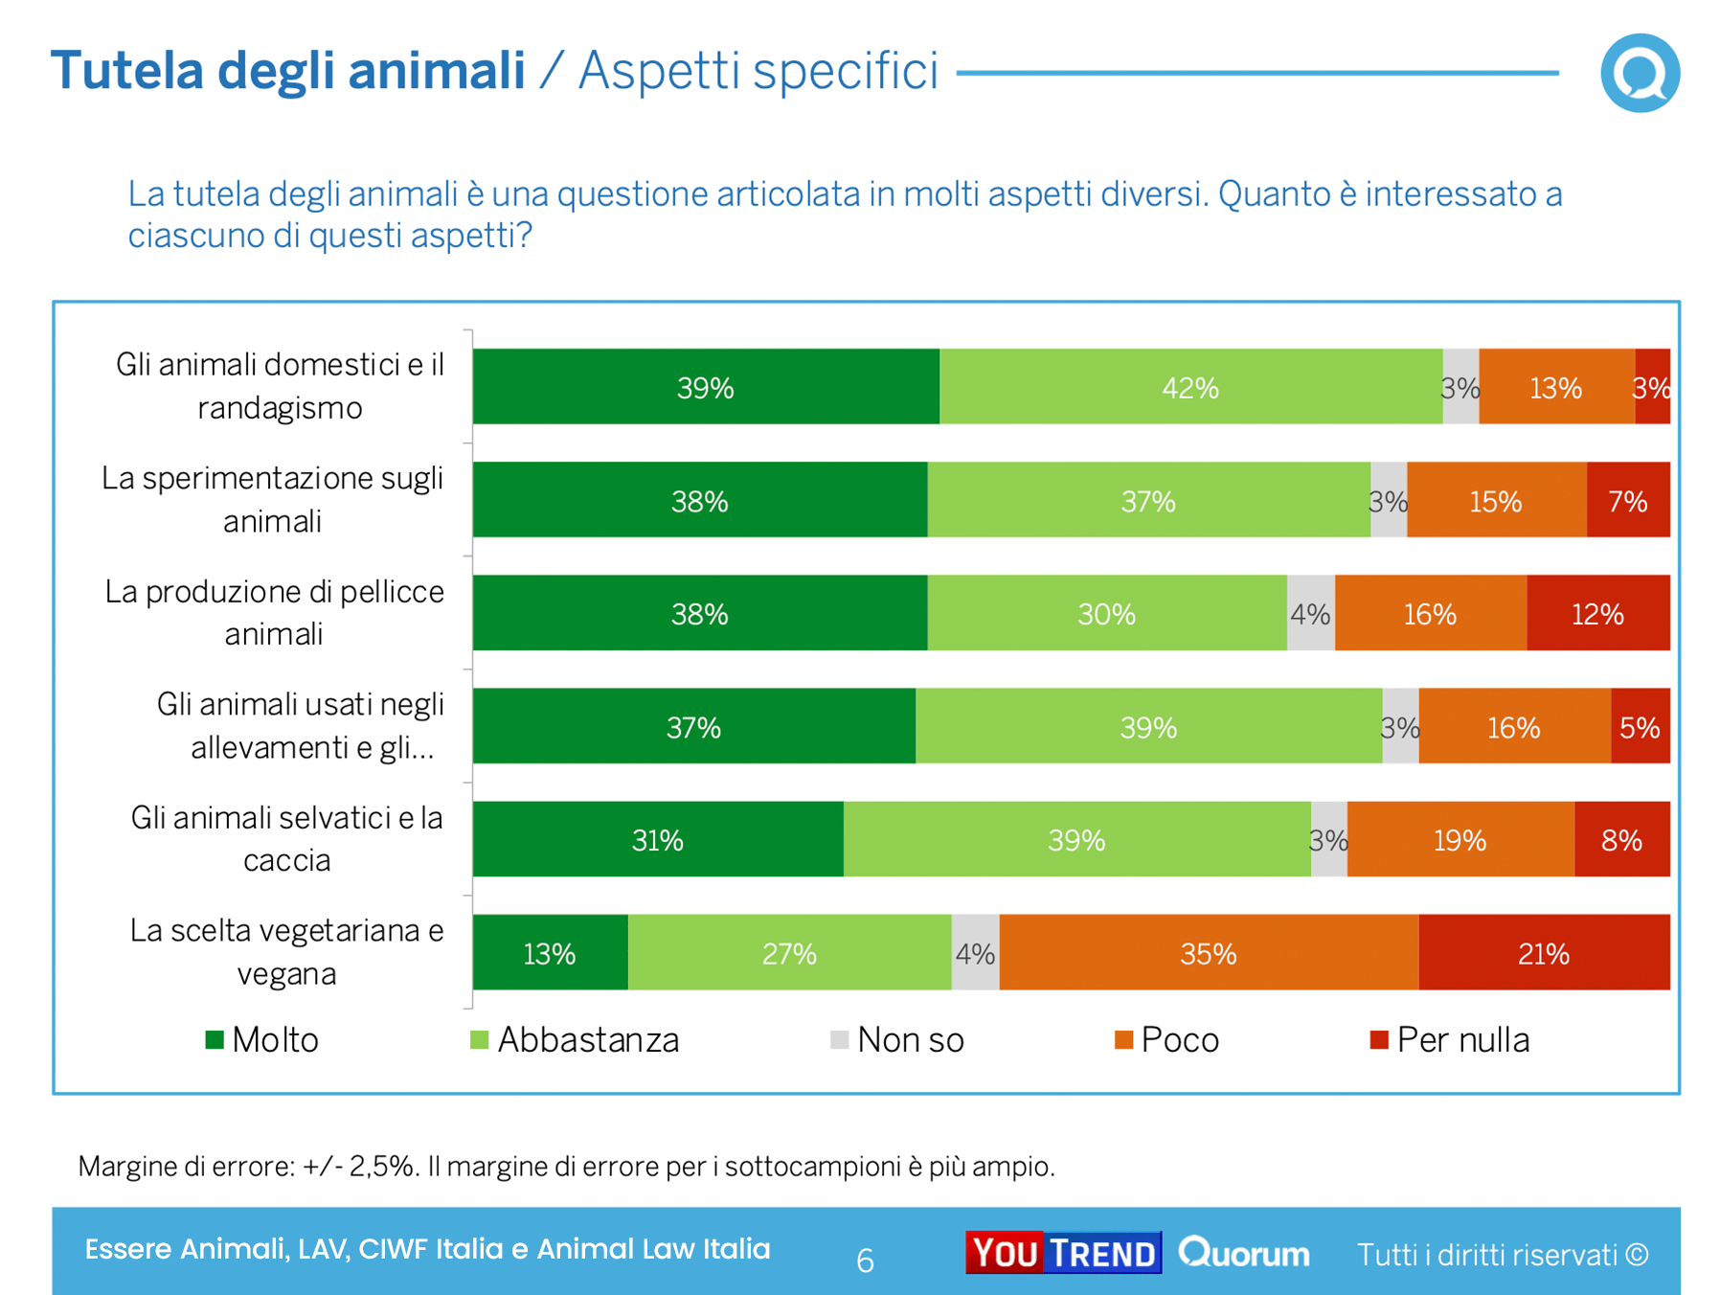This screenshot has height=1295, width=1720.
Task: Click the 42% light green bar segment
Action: [1190, 387]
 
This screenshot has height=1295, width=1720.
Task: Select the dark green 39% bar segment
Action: [706, 387]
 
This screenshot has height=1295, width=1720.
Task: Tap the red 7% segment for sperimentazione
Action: [1628, 500]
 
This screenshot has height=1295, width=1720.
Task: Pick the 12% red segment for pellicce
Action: [1597, 613]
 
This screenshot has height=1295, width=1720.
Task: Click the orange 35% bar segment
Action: [1209, 953]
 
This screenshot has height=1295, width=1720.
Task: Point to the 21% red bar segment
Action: [1544, 953]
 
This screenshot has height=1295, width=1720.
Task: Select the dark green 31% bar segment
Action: [658, 840]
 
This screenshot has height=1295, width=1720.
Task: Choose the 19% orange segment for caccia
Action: [1460, 840]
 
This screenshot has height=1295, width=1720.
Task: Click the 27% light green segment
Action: [789, 953]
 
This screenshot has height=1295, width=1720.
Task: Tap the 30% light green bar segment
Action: [1106, 613]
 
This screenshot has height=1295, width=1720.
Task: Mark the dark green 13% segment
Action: [550, 953]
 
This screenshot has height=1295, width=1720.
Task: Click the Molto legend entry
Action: [262, 1040]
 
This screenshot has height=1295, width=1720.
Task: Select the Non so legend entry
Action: [897, 1040]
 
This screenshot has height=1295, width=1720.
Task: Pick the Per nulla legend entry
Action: [1450, 1040]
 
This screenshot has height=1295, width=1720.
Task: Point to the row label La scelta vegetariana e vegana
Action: [286, 952]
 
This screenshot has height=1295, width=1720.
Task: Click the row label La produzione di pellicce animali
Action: [274, 613]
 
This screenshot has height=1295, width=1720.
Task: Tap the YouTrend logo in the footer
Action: [1063, 1253]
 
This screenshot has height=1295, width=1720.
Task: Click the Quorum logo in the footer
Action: [1244, 1253]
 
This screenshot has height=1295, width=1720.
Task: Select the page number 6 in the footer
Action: [865, 1261]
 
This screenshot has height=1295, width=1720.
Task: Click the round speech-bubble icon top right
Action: [1640, 73]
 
